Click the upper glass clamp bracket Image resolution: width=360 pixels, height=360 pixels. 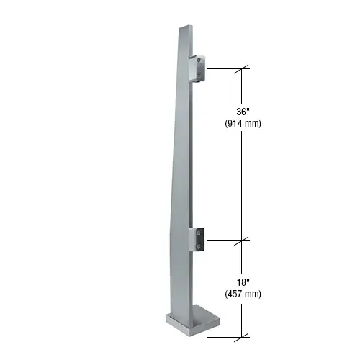point(199,69)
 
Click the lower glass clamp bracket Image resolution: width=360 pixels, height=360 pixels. point(199,240)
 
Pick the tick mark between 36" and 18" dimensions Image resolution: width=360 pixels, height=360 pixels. point(243,238)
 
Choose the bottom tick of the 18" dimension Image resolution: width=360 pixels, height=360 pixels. point(243,334)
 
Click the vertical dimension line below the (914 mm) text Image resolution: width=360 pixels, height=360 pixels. point(243,180)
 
